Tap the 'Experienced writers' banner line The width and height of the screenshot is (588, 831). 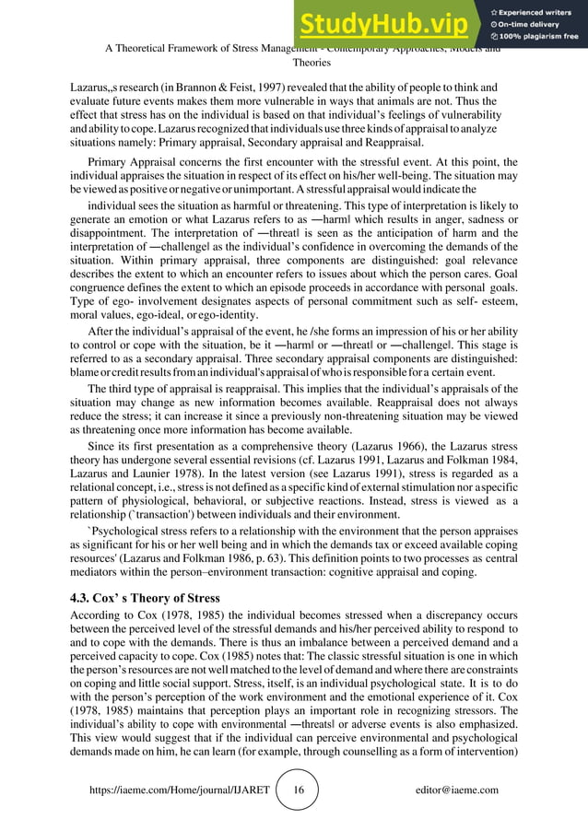point(540,10)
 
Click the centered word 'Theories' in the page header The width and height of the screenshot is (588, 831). point(303,64)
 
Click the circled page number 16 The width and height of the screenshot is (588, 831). point(298,790)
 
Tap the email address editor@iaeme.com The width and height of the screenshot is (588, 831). point(456,790)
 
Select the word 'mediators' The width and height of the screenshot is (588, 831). point(101,572)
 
